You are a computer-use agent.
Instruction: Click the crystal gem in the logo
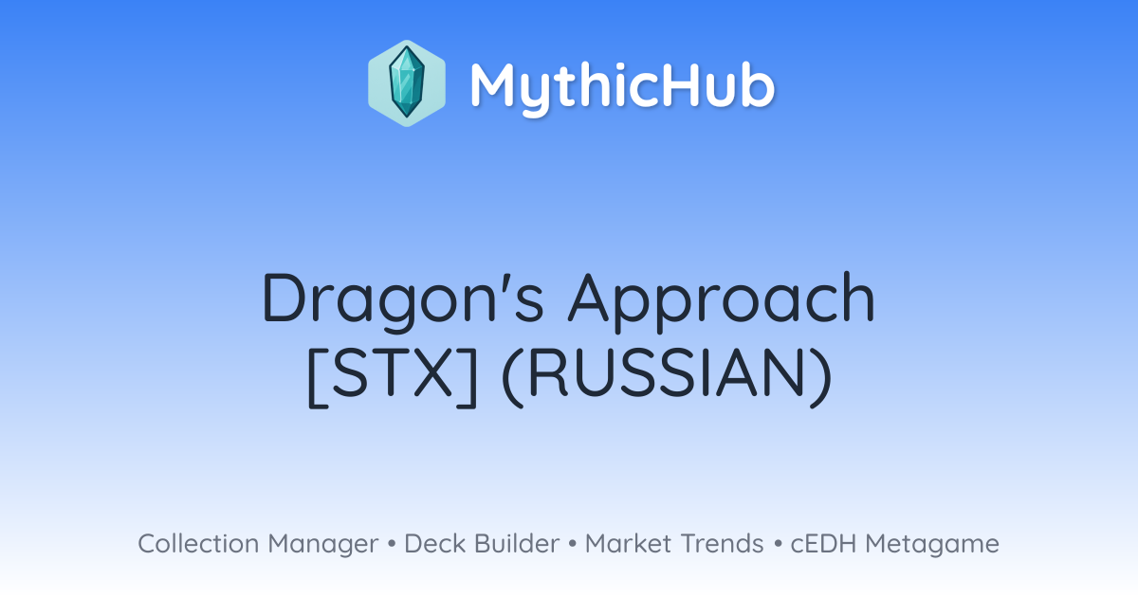pyautogui.click(x=407, y=82)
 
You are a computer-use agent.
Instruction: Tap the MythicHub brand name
pyautogui.click(x=622, y=86)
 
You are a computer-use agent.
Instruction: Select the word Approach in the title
pyautogui.click(x=722, y=301)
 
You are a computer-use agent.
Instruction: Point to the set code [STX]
pyautogui.click(x=393, y=377)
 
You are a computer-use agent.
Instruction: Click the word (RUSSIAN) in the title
pyautogui.click(x=667, y=377)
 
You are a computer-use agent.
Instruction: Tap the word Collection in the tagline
pyautogui.click(x=198, y=543)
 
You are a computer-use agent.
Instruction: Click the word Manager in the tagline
pyautogui.click(x=323, y=545)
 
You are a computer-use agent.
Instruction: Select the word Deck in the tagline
pyautogui.click(x=435, y=543)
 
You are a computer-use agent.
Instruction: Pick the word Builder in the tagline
pyautogui.click(x=517, y=543)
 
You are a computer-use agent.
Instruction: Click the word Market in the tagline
pyautogui.click(x=629, y=543)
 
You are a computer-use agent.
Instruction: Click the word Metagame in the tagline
pyautogui.click(x=932, y=545)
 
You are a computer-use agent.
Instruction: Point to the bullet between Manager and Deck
pyautogui.click(x=391, y=544)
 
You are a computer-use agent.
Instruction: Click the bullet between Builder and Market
pyautogui.click(x=573, y=544)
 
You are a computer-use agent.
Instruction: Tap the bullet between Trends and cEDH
pyautogui.click(x=778, y=544)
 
